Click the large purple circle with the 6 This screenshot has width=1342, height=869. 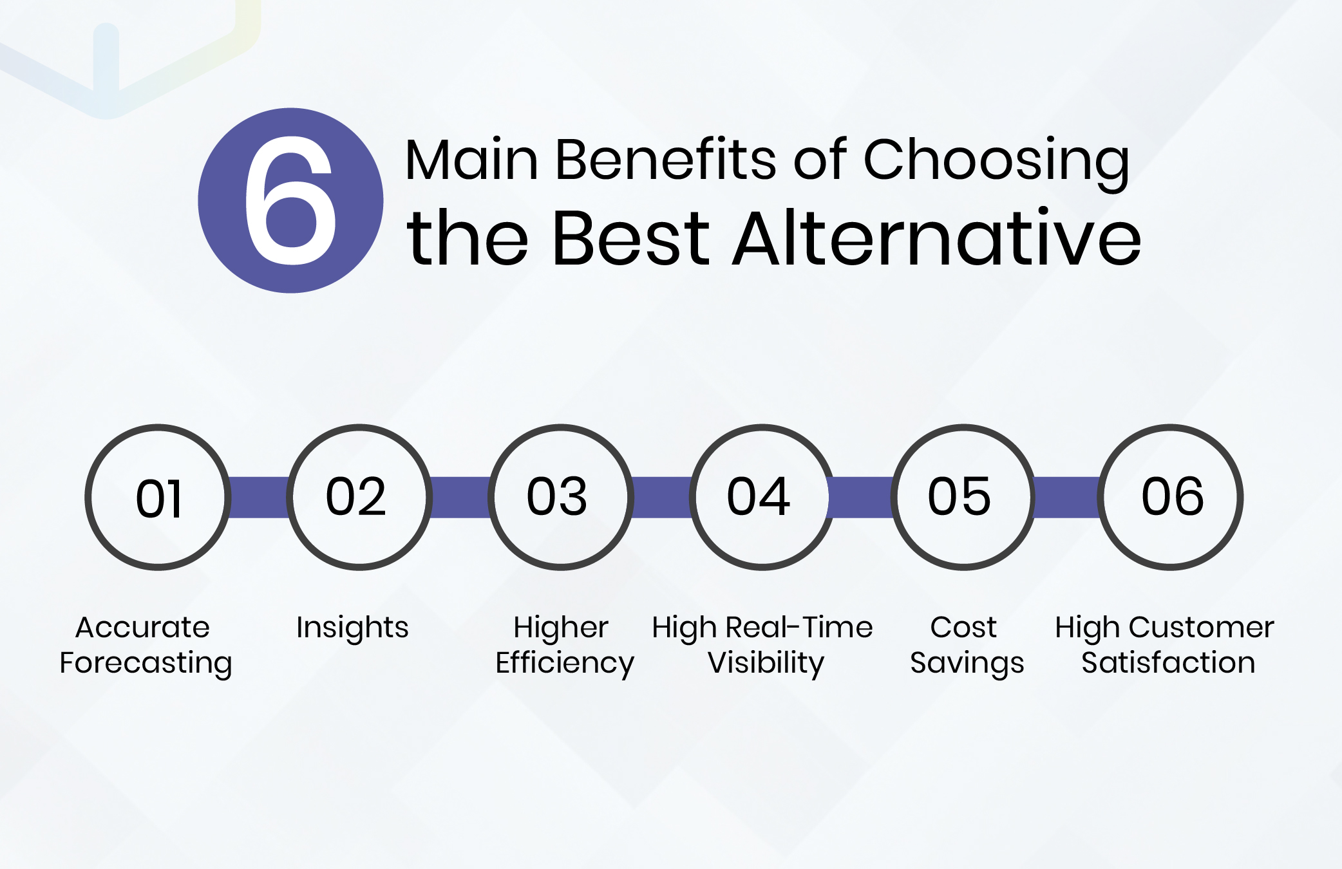coord(290,200)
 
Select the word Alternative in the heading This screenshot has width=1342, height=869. coord(937,238)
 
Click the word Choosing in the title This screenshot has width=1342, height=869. coord(996,161)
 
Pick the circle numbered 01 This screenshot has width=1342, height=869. coord(158,497)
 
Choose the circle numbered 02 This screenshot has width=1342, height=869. coord(359,497)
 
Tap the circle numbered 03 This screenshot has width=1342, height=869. coord(560,497)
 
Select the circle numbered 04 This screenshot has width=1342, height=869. coord(762,497)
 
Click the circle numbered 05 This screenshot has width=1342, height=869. coord(963,497)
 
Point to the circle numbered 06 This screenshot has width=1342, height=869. coord(1171,497)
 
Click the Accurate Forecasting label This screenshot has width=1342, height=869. coord(145,645)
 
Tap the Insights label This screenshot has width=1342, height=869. coord(352,628)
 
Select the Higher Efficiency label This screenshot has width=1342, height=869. coord(564,645)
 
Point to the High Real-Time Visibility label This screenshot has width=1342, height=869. coord(762,645)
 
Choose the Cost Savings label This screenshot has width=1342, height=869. coord(966,645)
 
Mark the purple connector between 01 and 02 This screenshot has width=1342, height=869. coord(259,497)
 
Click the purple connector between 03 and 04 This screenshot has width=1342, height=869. coord(661,497)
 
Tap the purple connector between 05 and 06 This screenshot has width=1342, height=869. coord(1066,497)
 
